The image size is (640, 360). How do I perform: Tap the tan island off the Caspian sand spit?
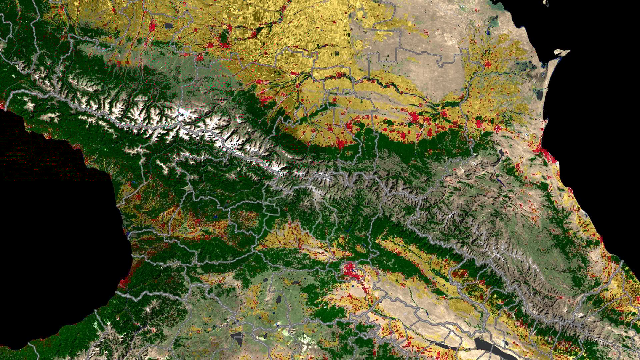[562, 52]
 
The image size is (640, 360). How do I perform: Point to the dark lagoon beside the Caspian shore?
[539, 95]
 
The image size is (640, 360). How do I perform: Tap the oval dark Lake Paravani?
[278, 299]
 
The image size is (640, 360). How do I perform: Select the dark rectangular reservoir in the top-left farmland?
[168, 26]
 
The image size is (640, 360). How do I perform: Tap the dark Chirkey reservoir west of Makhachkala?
[500, 154]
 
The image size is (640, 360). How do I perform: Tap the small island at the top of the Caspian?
[546, 3]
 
